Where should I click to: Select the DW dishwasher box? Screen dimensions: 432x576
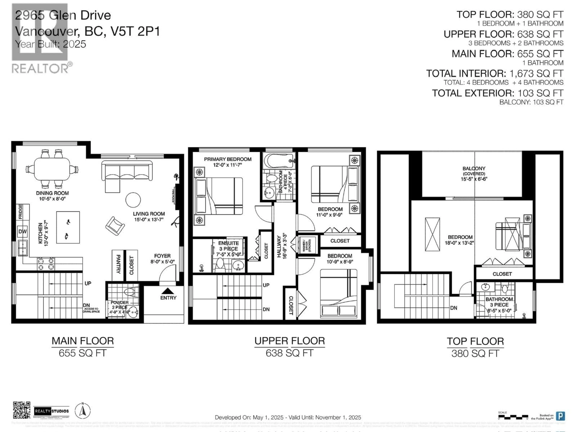click(22, 231)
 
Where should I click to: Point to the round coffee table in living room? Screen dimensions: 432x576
click(133, 200)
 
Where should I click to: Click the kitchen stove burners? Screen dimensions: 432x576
click(46, 264)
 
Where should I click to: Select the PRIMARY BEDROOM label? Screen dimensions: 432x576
click(228, 159)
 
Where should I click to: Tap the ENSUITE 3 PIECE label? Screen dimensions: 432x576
click(228, 246)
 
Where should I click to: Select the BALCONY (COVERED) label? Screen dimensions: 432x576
click(474, 171)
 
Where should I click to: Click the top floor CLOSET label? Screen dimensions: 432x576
click(502, 274)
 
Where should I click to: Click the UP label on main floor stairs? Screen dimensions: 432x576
click(88, 283)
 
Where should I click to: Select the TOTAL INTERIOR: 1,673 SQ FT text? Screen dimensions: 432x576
click(495, 73)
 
